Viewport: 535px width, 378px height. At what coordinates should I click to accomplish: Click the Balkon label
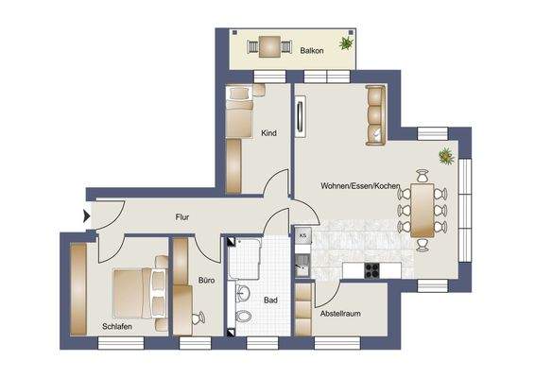(x=313, y=51)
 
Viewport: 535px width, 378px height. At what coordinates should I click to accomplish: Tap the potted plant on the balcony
(x=346, y=43)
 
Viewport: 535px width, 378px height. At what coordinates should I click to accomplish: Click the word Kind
(x=268, y=133)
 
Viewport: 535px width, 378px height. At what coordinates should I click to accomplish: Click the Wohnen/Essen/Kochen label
(x=360, y=186)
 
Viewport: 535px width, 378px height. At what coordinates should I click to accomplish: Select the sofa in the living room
(x=375, y=113)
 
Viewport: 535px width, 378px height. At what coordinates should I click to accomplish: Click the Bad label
(x=270, y=301)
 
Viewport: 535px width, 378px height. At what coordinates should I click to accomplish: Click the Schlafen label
(x=117, y=326)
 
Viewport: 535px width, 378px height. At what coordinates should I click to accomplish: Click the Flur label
(x=182, y=217)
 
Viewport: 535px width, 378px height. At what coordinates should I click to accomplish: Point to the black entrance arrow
(x=89, y=216)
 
